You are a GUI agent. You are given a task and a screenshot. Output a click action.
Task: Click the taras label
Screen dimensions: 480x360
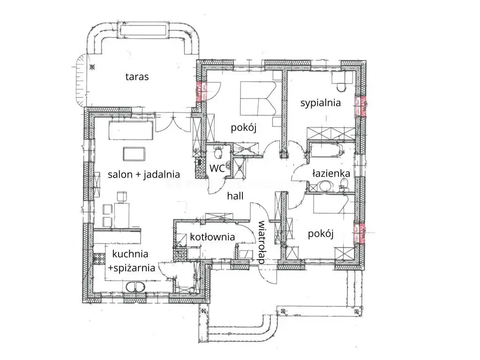[x=137, y=76]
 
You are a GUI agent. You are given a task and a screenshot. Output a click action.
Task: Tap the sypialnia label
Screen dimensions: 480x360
[x=321, y=103]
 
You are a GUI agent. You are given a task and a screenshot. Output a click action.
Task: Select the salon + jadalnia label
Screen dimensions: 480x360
[x=143, y=174]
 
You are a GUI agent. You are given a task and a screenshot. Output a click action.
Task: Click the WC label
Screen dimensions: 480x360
[x=217, y=168]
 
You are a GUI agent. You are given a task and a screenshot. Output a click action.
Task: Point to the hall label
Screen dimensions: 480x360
[x=235, y=195]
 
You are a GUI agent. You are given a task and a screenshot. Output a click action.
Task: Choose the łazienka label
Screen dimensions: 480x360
[x=331, y=173]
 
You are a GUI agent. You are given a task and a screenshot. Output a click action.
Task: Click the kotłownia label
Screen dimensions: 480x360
[x=212, y=237]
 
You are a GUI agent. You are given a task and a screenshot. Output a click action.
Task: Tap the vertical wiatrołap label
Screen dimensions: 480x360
[x=261, y=242]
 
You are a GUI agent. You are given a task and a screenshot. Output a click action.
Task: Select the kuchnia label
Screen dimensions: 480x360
[x=130, y=254]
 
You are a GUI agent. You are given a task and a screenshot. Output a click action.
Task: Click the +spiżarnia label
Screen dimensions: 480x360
[x=131, y=268]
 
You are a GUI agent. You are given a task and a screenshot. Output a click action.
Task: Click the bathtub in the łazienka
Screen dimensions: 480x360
[x=326, y=150]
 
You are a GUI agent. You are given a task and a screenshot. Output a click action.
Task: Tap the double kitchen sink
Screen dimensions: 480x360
[x=135, y=287]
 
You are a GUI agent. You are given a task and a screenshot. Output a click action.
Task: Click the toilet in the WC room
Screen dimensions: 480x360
[x=218, y=153]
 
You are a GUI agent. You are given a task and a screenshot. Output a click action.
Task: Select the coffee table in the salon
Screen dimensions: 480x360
[x=134, y=154]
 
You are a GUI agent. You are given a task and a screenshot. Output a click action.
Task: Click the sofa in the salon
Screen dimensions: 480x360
[x=131, y=130]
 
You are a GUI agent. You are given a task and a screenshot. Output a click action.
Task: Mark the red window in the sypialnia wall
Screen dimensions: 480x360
[x=360, y=106]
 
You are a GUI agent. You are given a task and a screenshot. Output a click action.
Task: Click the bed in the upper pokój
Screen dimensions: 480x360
[x=258, y=98]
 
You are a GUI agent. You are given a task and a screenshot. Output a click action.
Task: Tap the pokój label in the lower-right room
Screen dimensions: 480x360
[x=321, y=234]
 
